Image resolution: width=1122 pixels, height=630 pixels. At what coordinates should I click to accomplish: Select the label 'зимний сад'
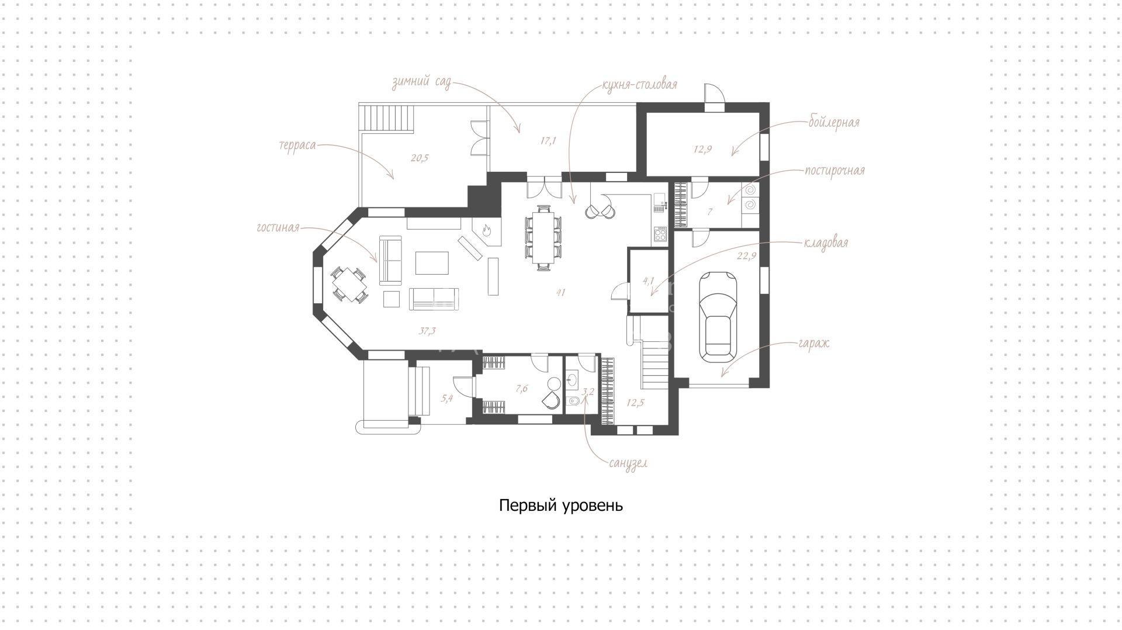coord(421,83)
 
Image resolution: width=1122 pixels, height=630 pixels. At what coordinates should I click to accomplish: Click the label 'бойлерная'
coord(834,123)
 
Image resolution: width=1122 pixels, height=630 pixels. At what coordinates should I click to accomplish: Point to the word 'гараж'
coord(813,344)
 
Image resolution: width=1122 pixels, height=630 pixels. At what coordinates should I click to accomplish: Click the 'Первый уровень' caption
coord(561,506)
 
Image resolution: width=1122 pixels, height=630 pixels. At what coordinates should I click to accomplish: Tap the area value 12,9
coord(702,149)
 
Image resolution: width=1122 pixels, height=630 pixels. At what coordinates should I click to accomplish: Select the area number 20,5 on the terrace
coord(420,157)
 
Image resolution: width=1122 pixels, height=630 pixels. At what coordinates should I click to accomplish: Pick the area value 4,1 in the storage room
coord(648,281)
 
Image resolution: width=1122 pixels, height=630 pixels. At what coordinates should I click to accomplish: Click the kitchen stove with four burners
coord(660,235)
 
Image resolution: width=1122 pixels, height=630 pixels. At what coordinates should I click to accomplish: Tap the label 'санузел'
coord(628,463)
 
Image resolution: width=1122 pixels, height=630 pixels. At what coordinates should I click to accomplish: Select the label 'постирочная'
coord(834,171)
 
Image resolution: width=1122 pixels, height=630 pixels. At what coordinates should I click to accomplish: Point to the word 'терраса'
coord(297,145)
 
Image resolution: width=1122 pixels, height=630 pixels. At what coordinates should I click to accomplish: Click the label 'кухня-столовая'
coord(639,85)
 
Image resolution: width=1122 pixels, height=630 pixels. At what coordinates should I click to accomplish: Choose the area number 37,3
coord(427,331)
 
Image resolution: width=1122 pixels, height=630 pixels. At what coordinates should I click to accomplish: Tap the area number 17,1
coord(548,141)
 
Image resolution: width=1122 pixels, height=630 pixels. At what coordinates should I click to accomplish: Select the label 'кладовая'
coord(826,243)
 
